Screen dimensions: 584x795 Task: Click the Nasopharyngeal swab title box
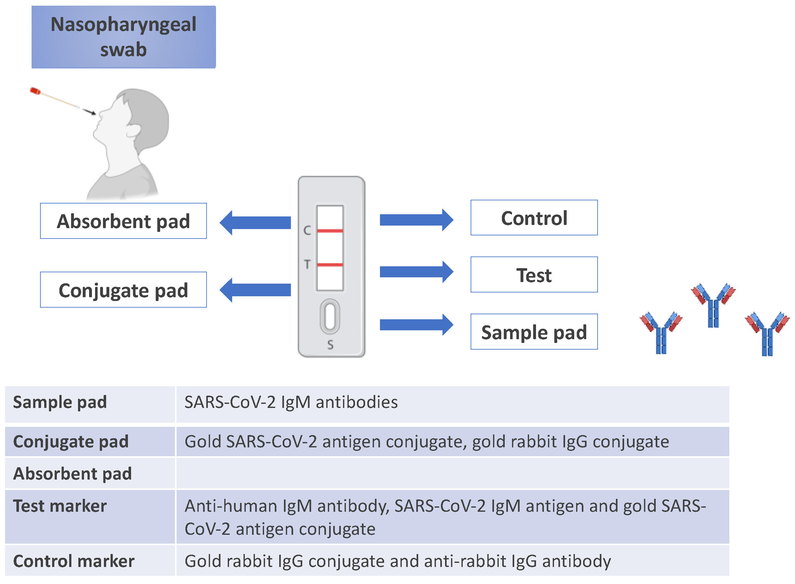click(123, 37)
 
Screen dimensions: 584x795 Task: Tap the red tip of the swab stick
click(35, 91)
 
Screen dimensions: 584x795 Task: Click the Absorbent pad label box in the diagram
click(123, 221)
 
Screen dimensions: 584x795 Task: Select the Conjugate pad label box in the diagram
click(123, 290)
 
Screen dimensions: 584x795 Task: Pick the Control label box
click(533, 217)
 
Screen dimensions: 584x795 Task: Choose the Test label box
click(533, 274)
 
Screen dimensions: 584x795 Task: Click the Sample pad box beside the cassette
click(533, 332)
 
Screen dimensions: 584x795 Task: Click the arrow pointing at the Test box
click(416, 272)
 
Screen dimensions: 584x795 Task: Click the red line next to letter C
click(329, 231)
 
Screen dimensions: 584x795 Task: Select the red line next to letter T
click(329, 264)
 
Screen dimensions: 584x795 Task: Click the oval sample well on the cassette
click(329, 316)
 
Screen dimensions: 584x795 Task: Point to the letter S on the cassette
click(330, 344)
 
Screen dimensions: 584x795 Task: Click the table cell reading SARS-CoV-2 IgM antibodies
click(291, 402)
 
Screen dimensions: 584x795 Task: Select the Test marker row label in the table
click(60, 506)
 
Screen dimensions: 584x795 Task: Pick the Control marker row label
click(74, 561)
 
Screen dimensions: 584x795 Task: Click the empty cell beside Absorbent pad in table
click(452, 473)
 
